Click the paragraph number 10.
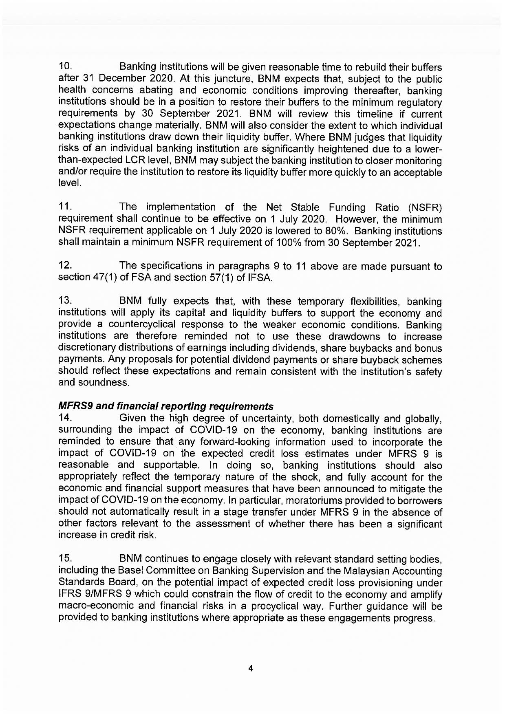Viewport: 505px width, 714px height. pos(66,66)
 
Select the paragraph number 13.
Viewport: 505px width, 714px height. pos(66,301)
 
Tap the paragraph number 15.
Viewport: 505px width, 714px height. pos(66,558)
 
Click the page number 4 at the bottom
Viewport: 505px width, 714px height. pos(251,668)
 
